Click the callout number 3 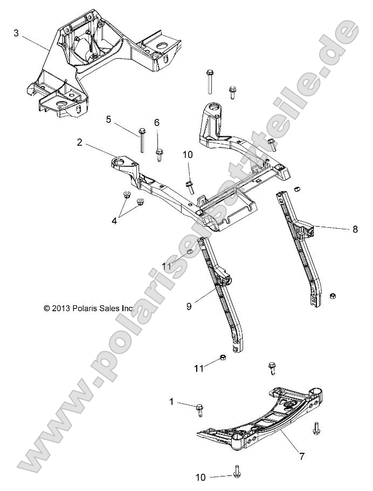pos(16,33)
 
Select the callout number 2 pos(80,143)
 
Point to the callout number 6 pos(157,122)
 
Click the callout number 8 pos(355,229)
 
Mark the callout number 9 pos(189,306)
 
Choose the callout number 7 pos(302,457)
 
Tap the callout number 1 pos(172,402)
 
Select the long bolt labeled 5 pos(142,140)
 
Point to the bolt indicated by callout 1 pos(199,410)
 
